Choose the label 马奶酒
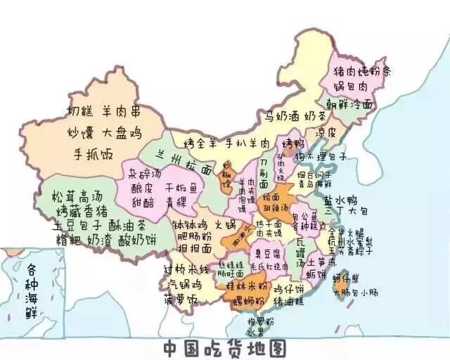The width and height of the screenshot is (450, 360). pos(283,116)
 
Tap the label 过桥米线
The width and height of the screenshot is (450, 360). pos(187,270)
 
